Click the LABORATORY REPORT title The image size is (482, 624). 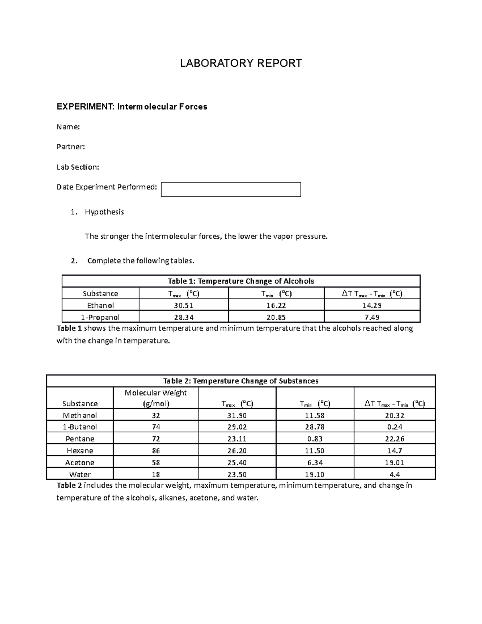click(241, 63)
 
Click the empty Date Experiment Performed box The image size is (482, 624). click(231, 190)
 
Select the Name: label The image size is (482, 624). click(68, 127)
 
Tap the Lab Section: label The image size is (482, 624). click(78, 167)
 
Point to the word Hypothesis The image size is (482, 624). click(104, 212)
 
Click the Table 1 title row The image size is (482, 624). click(241, 281)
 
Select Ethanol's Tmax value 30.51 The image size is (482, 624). click(184, 305)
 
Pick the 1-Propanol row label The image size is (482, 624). click(100, 317)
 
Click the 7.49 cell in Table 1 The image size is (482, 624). click(372, 317)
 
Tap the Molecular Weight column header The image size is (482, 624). click(156, 398)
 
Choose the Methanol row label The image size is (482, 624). click(80, 415)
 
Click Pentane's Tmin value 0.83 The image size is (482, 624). click(315, 439)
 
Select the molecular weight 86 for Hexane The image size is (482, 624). click(156, 451)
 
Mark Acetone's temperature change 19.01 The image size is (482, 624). click(394, 462)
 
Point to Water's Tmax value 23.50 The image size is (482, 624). click(237, 475)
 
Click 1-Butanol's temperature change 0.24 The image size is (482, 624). click(394, 427)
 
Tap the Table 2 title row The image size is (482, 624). click(241, 381)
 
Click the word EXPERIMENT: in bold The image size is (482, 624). click(85, 107)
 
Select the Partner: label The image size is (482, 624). click(71, 147)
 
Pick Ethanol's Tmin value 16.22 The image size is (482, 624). click(276, 305)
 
